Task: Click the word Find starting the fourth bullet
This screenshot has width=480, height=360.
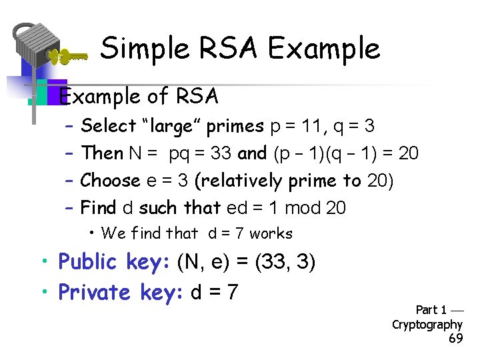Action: pos(98,208)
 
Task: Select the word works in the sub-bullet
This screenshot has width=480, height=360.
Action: pos(271,233)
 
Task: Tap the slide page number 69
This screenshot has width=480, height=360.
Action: pos(456,339)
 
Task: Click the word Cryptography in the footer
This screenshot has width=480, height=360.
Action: pos(427,325)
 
